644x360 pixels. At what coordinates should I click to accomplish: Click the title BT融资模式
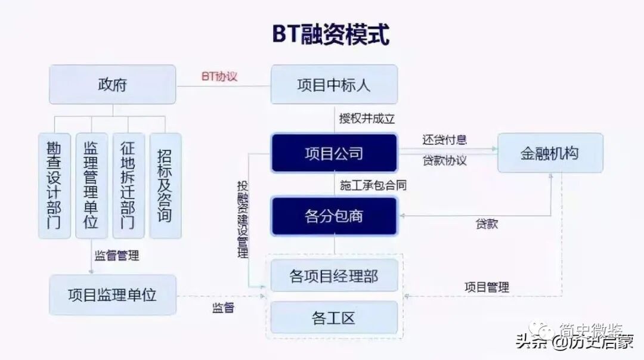331,34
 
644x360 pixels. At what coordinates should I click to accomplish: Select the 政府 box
112,85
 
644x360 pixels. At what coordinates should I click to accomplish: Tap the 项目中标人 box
334,85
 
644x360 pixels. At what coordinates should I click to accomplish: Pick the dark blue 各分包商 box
334,216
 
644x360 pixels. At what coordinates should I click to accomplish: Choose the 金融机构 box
550,153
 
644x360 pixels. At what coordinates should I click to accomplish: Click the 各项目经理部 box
334,276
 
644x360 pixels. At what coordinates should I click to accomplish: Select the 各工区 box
334,318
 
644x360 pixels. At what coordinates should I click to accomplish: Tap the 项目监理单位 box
112,295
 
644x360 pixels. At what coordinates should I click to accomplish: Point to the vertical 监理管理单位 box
91,186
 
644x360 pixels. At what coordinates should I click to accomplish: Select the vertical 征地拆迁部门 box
128,186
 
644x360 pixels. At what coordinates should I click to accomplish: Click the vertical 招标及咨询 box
165,186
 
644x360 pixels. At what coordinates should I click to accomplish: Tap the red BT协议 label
219,76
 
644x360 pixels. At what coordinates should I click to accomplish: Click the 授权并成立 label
367,118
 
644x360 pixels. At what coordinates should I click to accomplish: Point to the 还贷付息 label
444,140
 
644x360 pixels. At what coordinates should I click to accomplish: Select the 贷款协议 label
444,160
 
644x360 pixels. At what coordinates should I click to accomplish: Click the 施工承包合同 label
373,185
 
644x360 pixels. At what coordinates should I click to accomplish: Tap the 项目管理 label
487,287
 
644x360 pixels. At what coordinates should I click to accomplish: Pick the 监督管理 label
117,256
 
